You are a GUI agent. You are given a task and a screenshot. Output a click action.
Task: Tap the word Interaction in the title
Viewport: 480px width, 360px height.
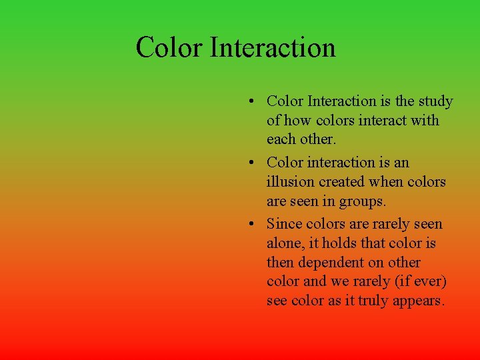[273, 48]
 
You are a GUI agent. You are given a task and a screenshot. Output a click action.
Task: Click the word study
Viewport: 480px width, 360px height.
[435, 102]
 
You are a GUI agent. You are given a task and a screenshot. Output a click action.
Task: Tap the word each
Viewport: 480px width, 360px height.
[281, 139]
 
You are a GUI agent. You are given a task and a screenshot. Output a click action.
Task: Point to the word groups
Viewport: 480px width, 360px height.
[363, 201]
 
